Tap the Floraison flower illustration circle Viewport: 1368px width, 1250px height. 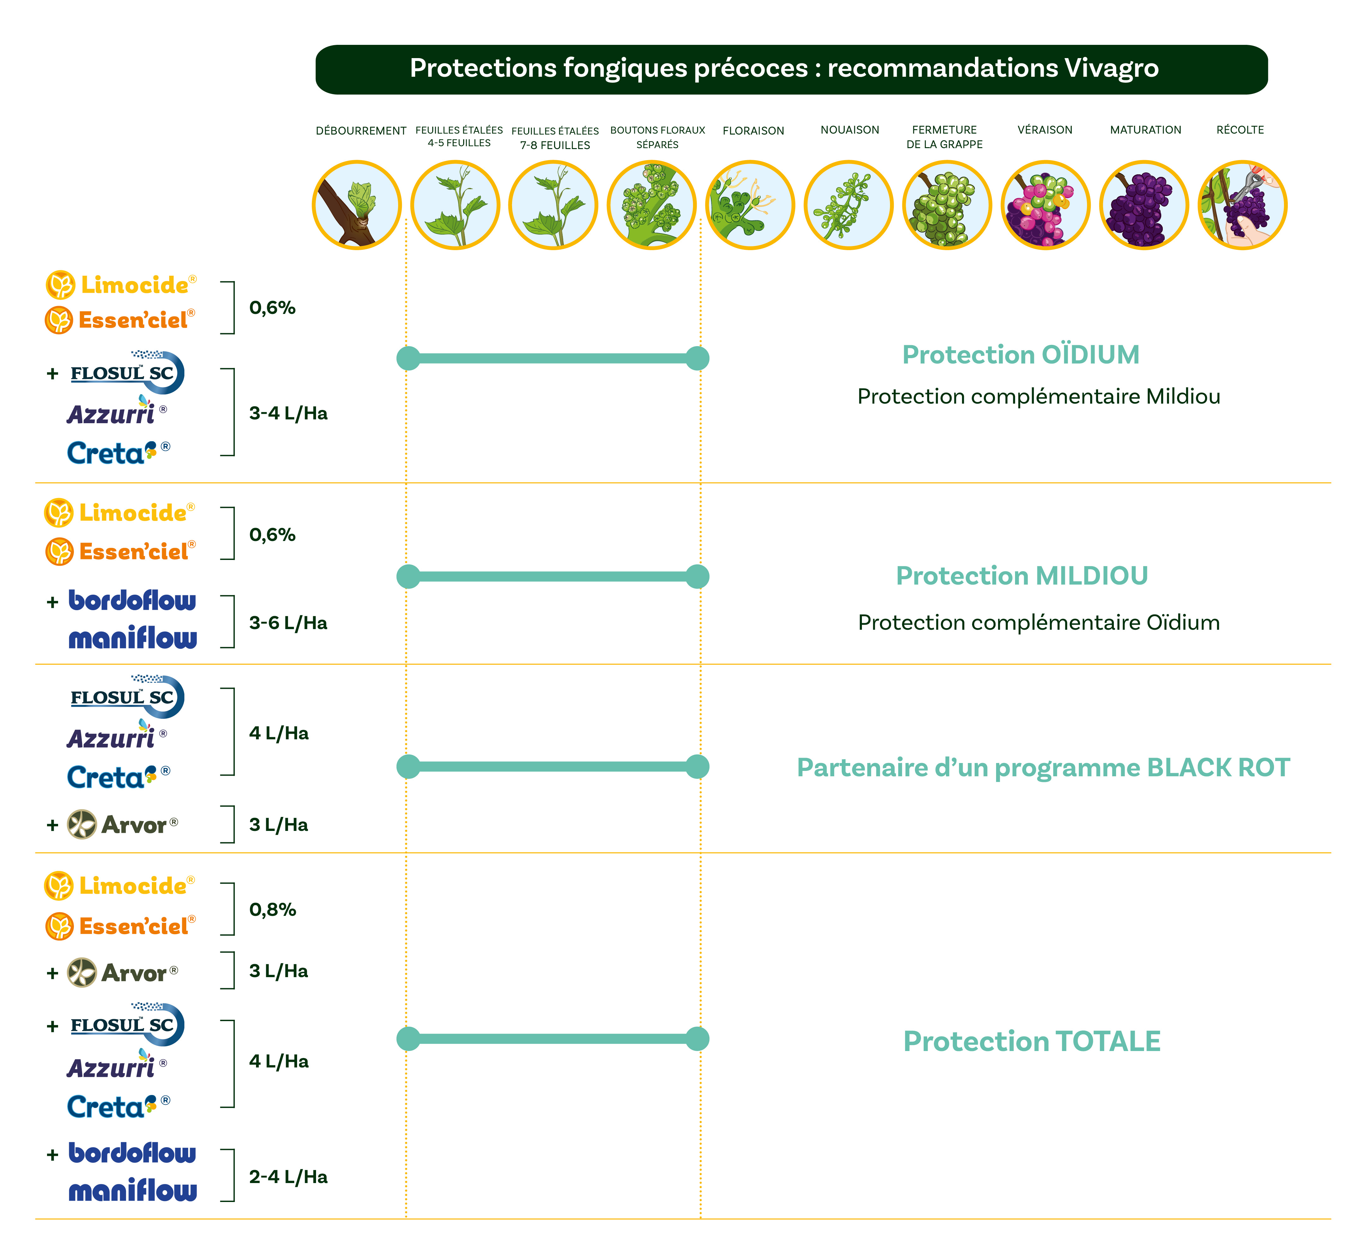[x=750, y=205]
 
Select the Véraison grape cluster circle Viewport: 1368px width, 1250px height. [x=1045, y=205]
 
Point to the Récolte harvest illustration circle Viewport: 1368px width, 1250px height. [x=1242, y=205]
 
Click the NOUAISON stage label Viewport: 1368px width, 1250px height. [x=850, y=129]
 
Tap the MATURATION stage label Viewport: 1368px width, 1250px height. [x=1145, y=129]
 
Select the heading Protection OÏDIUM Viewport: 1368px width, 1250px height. [x=1021, y=355]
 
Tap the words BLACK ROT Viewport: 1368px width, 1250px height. [x=1218, y=767]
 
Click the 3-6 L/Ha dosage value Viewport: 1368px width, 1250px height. [x=288, y=623]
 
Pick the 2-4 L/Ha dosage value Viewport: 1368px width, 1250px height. [x=288, y=1177]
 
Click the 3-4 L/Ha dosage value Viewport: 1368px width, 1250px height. [x=288, y=413]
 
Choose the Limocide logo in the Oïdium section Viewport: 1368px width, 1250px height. [x=121, y=285]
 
